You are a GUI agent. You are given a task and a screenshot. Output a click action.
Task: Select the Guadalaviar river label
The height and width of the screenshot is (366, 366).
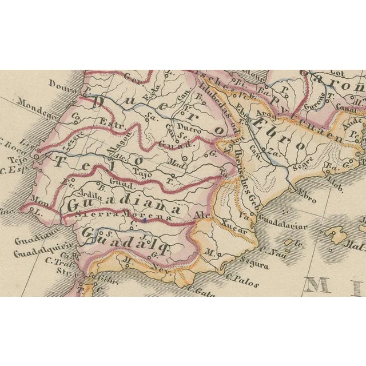283,226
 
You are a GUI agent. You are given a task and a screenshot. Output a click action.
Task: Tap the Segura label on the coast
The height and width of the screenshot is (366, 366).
255,265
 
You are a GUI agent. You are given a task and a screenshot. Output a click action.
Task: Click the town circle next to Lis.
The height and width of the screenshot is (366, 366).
36,155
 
